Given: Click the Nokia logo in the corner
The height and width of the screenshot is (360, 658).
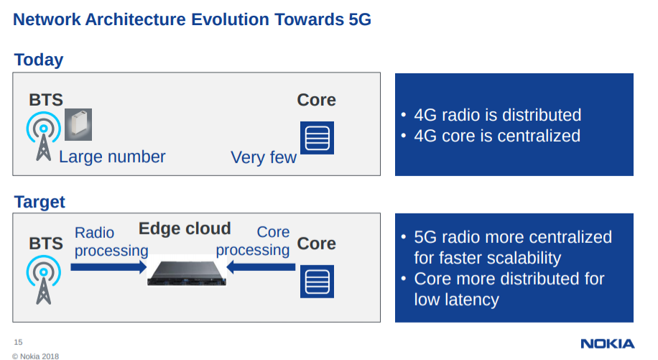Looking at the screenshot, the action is click(607, 343).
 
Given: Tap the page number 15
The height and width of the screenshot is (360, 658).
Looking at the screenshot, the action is click(18, 342).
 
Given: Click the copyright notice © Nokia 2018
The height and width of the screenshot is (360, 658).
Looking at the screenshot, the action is click(36, 356).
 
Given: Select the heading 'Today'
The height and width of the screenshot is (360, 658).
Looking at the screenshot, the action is click(39, 60).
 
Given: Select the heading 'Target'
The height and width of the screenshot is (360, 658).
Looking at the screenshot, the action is click(40, 202).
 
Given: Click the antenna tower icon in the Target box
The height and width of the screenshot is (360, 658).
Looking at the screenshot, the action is click(44, 280).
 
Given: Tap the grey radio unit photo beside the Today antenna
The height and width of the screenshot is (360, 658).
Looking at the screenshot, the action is click(78, 124).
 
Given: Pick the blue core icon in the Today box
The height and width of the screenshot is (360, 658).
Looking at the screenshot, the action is click(317, 138).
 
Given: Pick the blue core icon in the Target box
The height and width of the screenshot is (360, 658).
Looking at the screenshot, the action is click(317, 282).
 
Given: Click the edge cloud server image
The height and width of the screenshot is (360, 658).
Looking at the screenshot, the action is click(187, 273).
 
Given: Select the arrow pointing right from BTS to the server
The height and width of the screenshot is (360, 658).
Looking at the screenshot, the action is click(108, 267).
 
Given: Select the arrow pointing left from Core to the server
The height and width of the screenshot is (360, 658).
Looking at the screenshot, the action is click(261, 267).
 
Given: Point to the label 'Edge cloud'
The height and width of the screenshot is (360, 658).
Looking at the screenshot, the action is click(185, 229).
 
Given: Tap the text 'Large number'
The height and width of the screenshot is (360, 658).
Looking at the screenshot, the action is click(112, 157).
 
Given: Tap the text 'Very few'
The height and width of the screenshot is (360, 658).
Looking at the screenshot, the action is click(264, 157).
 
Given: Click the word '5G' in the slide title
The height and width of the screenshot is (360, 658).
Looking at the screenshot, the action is click(360, 19).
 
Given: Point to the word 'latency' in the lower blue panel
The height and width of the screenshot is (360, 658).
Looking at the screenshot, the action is click(472, 300).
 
